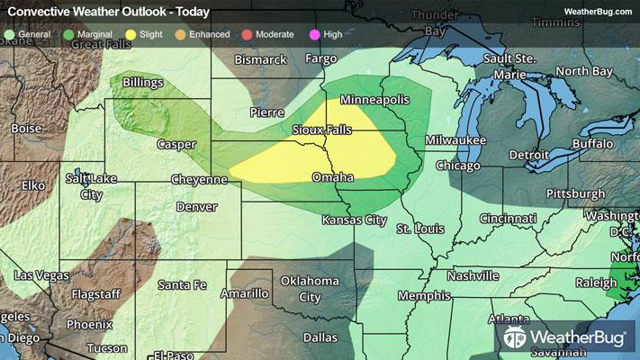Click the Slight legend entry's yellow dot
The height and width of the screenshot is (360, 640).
(x=131, y=35)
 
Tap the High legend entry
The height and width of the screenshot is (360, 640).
(x=332, y=35)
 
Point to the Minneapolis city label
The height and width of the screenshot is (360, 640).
(x=375, y=99)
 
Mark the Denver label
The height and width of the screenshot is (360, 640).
(x=196, y=207)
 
